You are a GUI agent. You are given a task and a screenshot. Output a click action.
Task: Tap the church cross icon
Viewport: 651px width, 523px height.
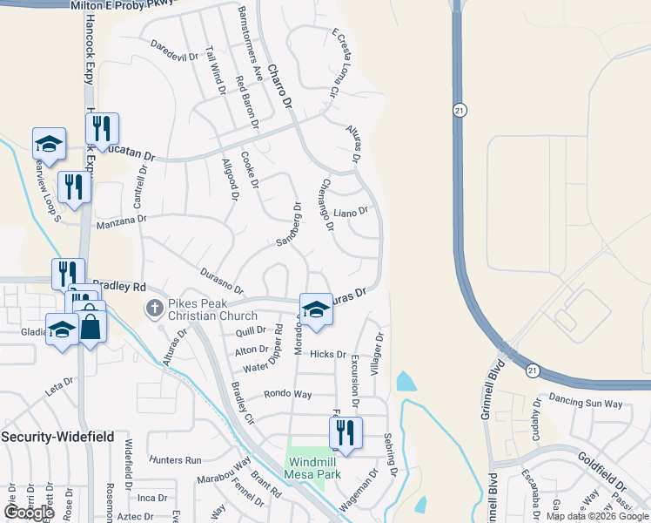pos(154,308)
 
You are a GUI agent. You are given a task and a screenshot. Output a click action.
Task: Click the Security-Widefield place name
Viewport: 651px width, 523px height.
pos(57,436)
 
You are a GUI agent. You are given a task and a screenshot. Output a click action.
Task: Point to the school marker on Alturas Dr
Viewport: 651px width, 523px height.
pos(316,310)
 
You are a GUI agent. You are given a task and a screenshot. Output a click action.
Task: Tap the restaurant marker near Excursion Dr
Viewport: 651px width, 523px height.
pos(346,433)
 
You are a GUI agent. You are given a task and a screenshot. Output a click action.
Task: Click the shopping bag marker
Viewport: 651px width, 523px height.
pos(91,327)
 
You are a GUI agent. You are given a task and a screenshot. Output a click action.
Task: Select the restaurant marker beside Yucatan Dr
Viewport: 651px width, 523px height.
pos(102,130)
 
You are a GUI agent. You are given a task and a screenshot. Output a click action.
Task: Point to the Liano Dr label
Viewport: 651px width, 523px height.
pos(352,211)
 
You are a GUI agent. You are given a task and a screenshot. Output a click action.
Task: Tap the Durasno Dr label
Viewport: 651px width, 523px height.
pos(221,281)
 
